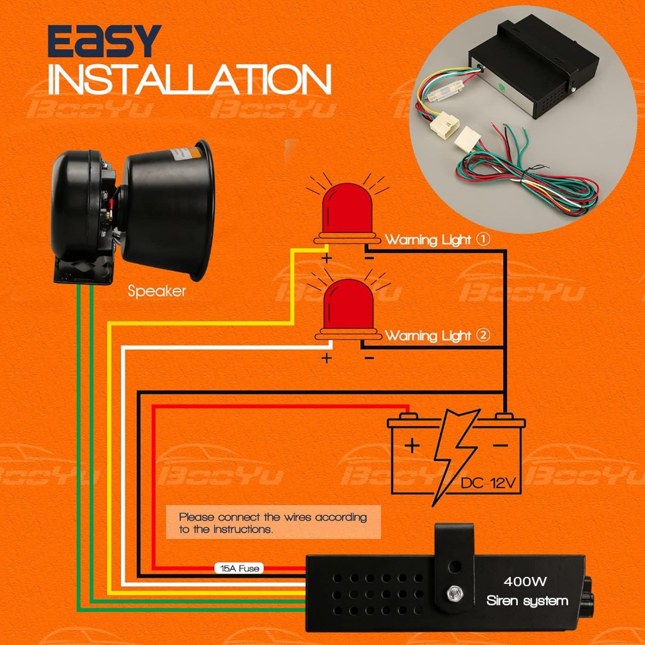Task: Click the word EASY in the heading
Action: point(105,43)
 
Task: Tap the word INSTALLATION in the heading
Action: point(190,81)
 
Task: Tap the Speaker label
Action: point(157,291)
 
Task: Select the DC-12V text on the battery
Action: point(488,484)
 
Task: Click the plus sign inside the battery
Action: point(411,446)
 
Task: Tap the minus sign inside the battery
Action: point(500,445)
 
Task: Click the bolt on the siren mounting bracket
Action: point(453,593)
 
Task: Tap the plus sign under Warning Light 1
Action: point(327,258)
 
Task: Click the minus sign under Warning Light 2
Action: point(369,358)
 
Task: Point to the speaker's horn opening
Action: point(200,208)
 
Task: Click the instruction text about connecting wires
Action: point(273,523)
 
